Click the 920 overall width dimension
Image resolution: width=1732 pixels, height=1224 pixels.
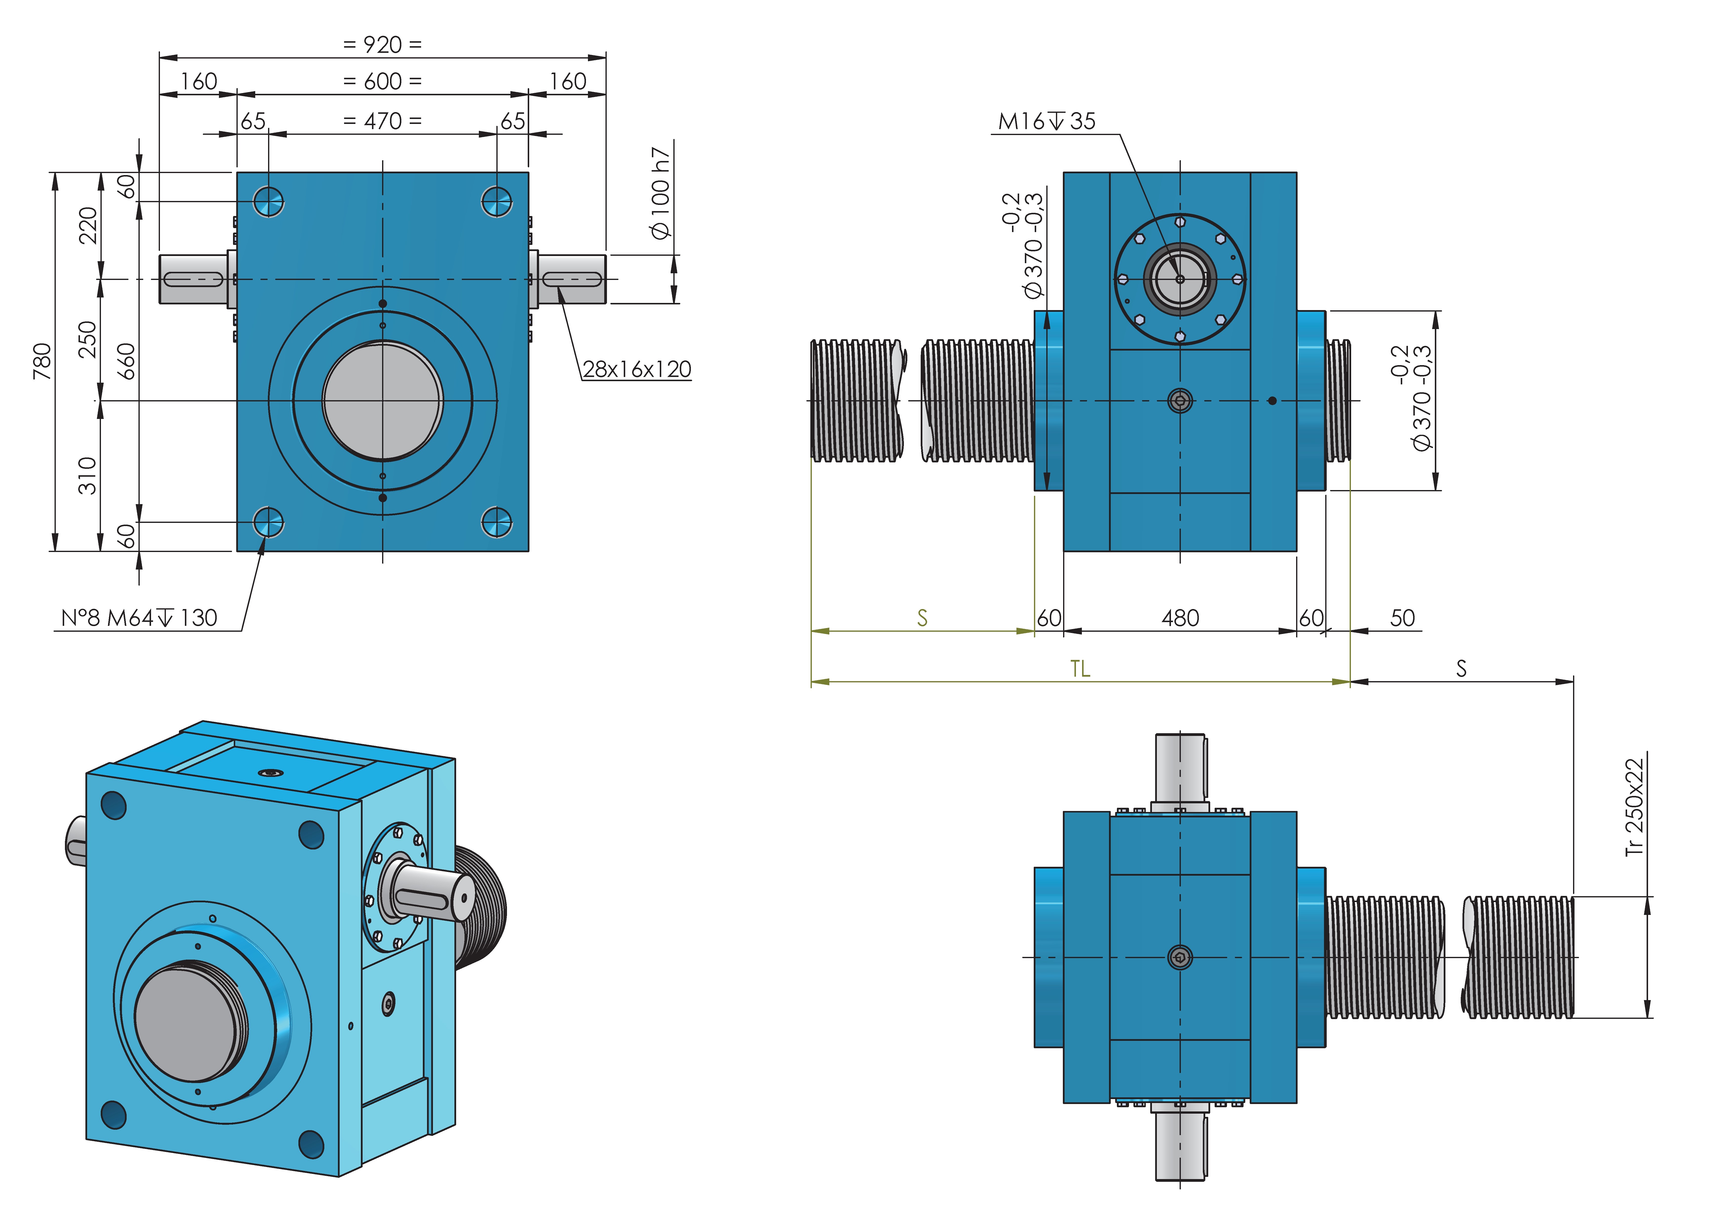coord(382,44)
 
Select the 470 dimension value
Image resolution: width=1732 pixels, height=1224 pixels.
coord(382,121)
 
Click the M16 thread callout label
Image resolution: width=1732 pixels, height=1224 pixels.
coord(1046,121)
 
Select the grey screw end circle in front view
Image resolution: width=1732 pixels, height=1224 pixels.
coord(382,401)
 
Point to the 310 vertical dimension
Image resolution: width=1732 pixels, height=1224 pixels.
coord(88,475)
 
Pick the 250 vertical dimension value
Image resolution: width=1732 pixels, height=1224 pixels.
coord(88,340)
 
